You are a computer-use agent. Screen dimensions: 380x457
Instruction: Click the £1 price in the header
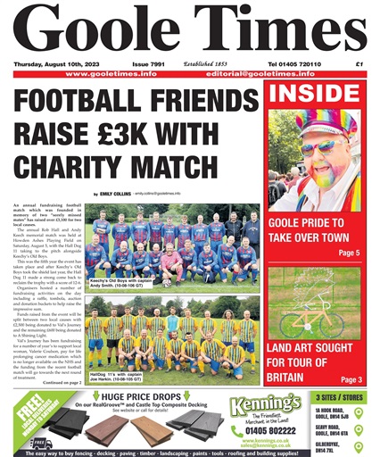(359, 64)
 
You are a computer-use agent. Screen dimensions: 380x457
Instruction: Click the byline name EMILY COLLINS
(115, 193)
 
